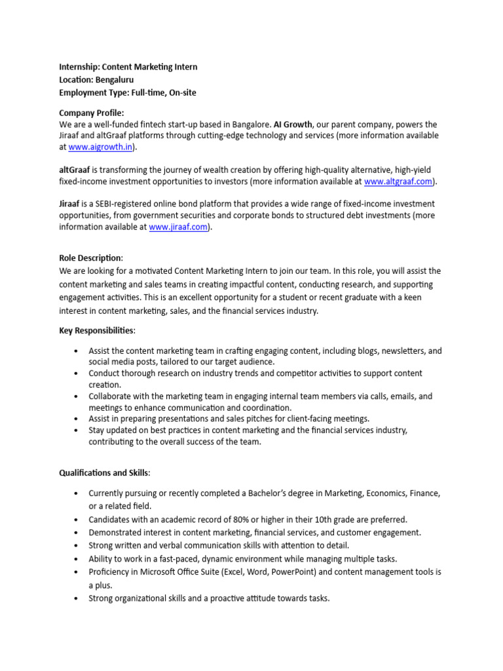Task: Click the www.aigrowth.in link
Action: click(x=100, y=147)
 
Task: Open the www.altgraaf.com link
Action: click(x=398, y=182)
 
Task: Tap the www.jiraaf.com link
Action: click(x=179, y=227)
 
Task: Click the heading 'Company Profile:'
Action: click(x=91, y=113)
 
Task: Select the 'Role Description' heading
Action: click(x=90, y=258)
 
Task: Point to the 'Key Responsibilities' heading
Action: click(x=97, y=331)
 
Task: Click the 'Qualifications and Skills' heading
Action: click(x=104, y=472)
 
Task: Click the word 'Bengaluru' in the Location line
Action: click(x=115, y=80)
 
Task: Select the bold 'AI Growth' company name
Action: click(x=293, y=125)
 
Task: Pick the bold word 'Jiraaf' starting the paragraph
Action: click(x=69, y=204)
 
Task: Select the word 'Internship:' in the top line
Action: click(x=79, y=67)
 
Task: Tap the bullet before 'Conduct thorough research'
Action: click(x=77, y=374)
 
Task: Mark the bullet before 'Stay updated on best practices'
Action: click(x=77, y=431)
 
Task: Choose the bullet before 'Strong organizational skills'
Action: click(x=77, y=598)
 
